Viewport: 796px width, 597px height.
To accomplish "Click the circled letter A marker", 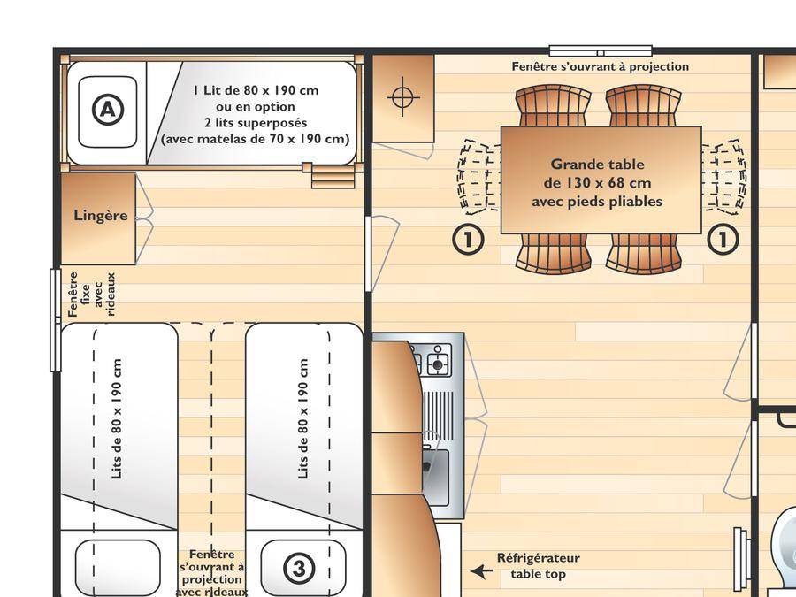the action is coord(108,109).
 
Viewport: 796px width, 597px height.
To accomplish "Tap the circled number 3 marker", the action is coord(299,568).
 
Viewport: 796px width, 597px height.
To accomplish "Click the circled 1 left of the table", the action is coord(468,238).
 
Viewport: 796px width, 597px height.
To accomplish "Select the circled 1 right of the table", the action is coord(723,238).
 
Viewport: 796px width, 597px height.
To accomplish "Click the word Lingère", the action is coord(101,215).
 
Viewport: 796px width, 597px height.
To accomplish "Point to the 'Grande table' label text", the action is coord(598,165).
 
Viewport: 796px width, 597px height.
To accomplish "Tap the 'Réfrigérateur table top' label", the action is coord(538,566).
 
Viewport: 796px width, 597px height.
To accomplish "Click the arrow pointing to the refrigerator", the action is coord(481,571).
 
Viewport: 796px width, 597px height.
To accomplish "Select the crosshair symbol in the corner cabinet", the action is coord(403,96).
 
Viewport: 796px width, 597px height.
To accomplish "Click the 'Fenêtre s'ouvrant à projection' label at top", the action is coord(600,66).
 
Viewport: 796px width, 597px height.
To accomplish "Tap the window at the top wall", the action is coord(601,50).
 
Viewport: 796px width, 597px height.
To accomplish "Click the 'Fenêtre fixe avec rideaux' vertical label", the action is coord(92,295).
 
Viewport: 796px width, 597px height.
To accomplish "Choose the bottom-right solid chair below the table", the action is coord(644,254).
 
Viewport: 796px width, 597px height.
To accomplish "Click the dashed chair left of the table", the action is coord(478,174).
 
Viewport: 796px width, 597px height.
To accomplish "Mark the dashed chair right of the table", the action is coord(723,174).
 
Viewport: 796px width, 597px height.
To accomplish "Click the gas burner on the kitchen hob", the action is coord(438,363).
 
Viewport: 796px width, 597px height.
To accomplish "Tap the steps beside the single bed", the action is coord(332,176).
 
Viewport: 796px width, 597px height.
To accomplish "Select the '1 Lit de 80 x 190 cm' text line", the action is coord(256,90).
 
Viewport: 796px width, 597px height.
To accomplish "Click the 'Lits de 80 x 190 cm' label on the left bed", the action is coord(116,419).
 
